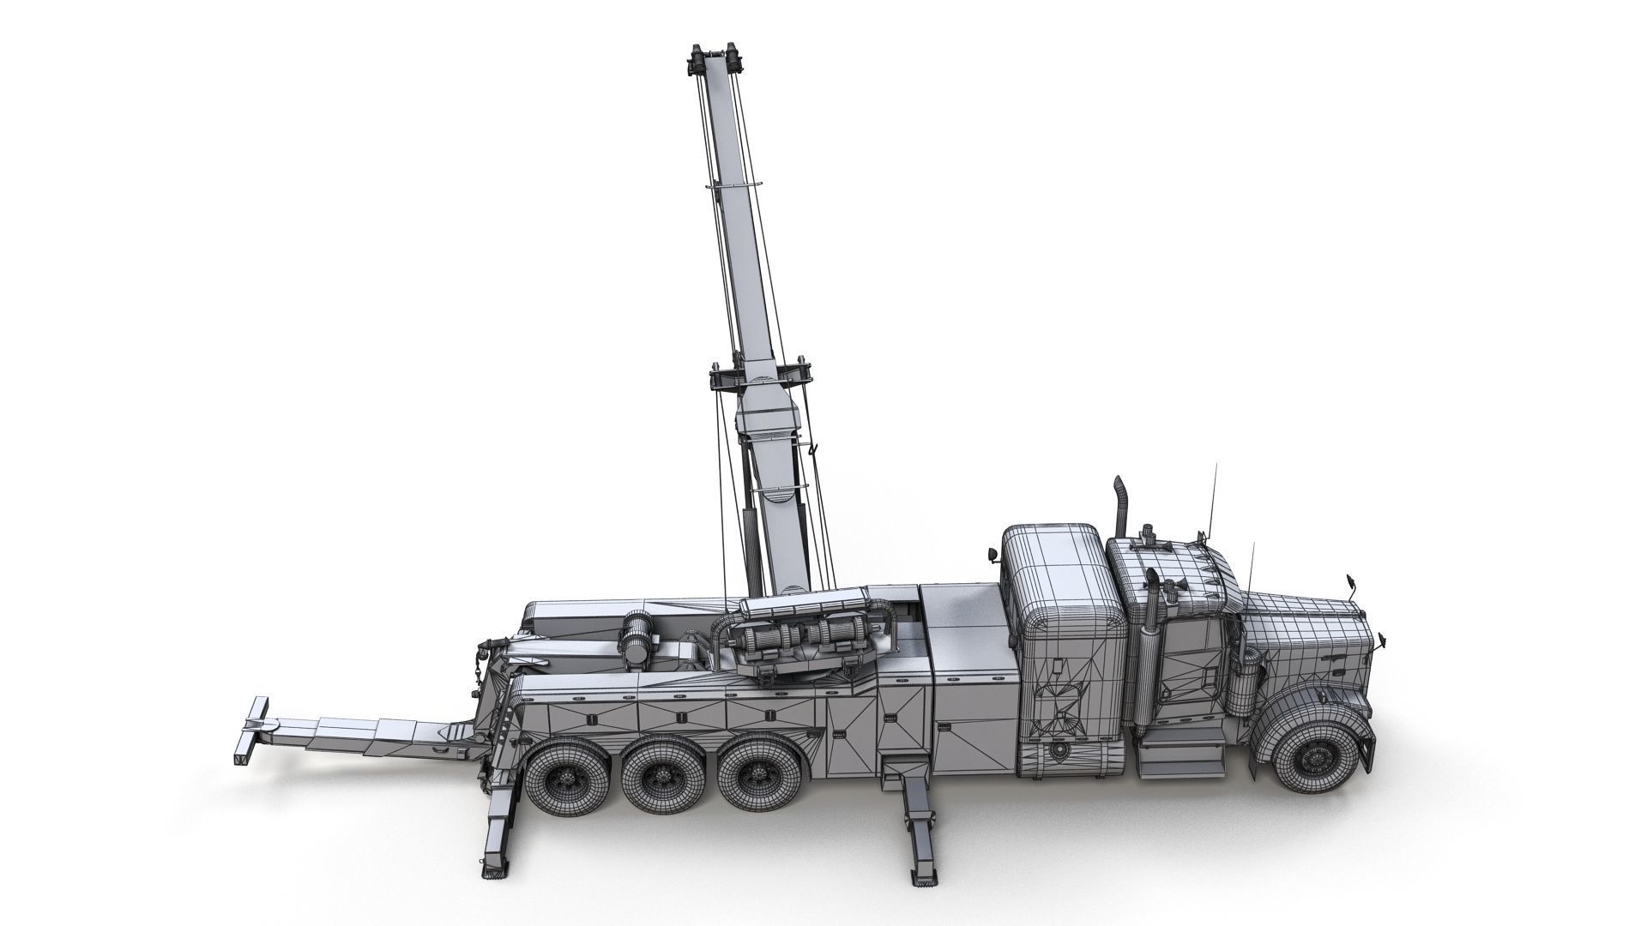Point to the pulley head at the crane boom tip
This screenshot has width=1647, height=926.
click(x=712, y=62)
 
